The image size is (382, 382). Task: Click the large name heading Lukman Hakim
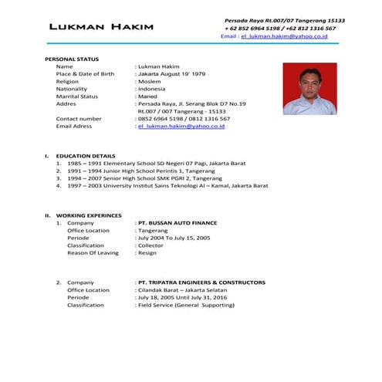100,28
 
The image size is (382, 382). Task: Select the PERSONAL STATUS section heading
73,59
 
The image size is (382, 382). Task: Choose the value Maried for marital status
151,96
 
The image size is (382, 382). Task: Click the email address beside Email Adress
181,127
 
